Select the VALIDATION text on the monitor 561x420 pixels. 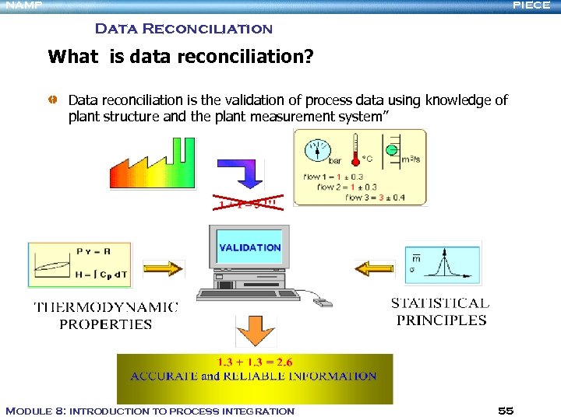tap(249, 247)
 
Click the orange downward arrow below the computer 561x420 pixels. tap(256, 331)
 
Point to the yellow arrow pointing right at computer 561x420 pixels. tap(164, 268)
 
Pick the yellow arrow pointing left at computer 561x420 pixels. tap(375, 268)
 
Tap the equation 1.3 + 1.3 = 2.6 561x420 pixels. tap(254, 362)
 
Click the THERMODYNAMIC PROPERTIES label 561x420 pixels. tap(106, 316)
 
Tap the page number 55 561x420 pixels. tap(505, 411)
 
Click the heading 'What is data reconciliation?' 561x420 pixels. tap(180, 57)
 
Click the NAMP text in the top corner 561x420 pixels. tap(24, 5)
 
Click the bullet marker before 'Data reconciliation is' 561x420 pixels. tap(52, 100)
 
